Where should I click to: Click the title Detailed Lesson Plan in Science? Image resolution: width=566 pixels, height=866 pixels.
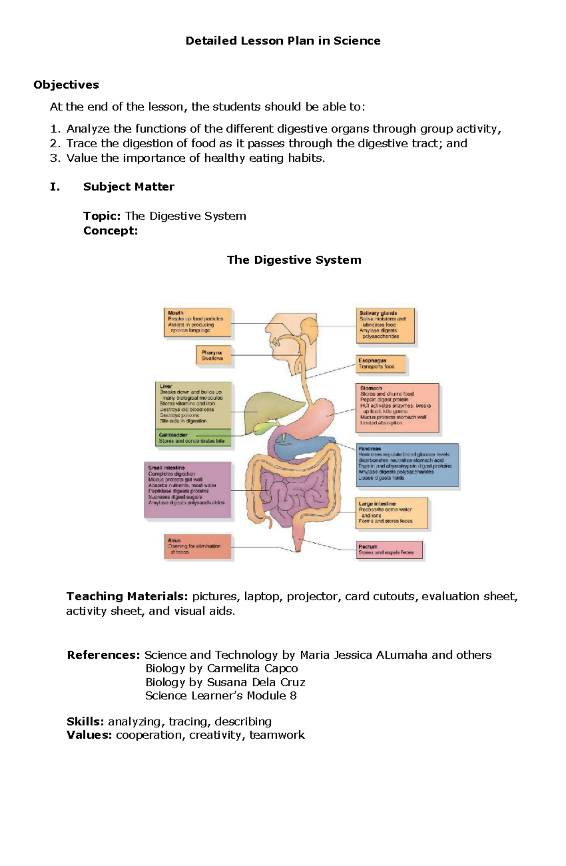pyautogui.click(x=283, y=41)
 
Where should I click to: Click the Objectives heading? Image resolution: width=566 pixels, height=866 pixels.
pyautogui.click(x=66, y=85)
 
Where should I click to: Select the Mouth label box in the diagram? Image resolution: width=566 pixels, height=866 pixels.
pyautogui.click(x=198, y=323)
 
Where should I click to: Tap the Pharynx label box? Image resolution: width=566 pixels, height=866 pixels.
pyautogui.click(x=214, y=355)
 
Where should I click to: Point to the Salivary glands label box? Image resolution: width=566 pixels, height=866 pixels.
pyautogui.click(x=385, y=325)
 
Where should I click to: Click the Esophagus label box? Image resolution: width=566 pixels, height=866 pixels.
pyautogui.click(x=381, y=364)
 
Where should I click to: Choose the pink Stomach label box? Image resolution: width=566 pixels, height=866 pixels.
pyautogui.click(x=397, y=407)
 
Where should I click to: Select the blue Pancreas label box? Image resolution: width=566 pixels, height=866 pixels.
pyautogui.click(x=407, y=464)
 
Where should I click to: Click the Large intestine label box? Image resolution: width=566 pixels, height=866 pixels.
pyautogui.click(x=392, y=513)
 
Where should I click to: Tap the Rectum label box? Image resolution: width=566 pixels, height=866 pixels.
pyautogui.click(x=389, y=550)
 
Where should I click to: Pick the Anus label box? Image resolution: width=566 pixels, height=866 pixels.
pyautogui.click(x=198, y=547)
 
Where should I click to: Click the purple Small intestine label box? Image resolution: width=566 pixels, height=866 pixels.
pyautogui.click(x=188, y=490)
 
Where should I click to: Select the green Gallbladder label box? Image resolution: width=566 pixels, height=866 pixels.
pyautogui.click(x=193, y=438)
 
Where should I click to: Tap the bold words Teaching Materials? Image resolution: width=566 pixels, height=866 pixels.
pyautogui.click(x=127, y=597)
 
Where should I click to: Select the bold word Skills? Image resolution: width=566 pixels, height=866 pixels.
pyautogui.click(x=85, y=722)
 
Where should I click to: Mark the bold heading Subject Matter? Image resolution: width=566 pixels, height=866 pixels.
pyautogui.click(x=128, y=187)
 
